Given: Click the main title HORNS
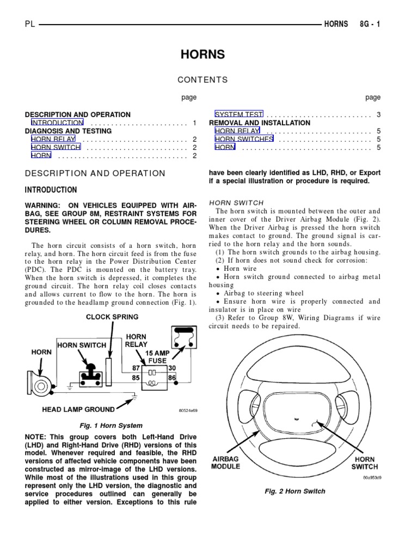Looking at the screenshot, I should pyautogui.click(x=202, y=55).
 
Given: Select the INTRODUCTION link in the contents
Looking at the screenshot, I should pyautogui.click(x=57, y=123).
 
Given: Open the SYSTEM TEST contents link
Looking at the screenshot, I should pyautogui.click(x=239, y=114).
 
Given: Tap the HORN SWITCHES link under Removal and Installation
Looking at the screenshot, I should pyautogui.click(x=244, y=139).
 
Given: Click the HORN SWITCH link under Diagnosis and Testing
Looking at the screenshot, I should pyautogui.click(x=56, y=147).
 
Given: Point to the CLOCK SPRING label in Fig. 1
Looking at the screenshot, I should pyautogui.click(x=112, y=317).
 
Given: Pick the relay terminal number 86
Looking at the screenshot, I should pyautogui.click(x=172, y=377).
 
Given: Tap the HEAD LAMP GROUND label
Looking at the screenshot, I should pyautogui.click(x=78, y=409).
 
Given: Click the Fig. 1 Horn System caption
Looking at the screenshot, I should pyautogui.click(x=111, y=426).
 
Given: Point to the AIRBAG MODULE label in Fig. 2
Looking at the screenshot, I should pyautogui.click(x=226, y=463).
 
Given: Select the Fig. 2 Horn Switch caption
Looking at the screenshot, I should pyautogui.click(x=295, y=491).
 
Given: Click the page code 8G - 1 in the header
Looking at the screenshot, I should pyautogui.click(x=370, y=25).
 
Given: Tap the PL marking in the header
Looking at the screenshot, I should pyautogui.click(x=30, y=25).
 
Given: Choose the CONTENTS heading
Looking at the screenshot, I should pyautogui.click(x=202, y=80).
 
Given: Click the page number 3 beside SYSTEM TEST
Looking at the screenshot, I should pyautogui.click(x=378, y=114).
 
